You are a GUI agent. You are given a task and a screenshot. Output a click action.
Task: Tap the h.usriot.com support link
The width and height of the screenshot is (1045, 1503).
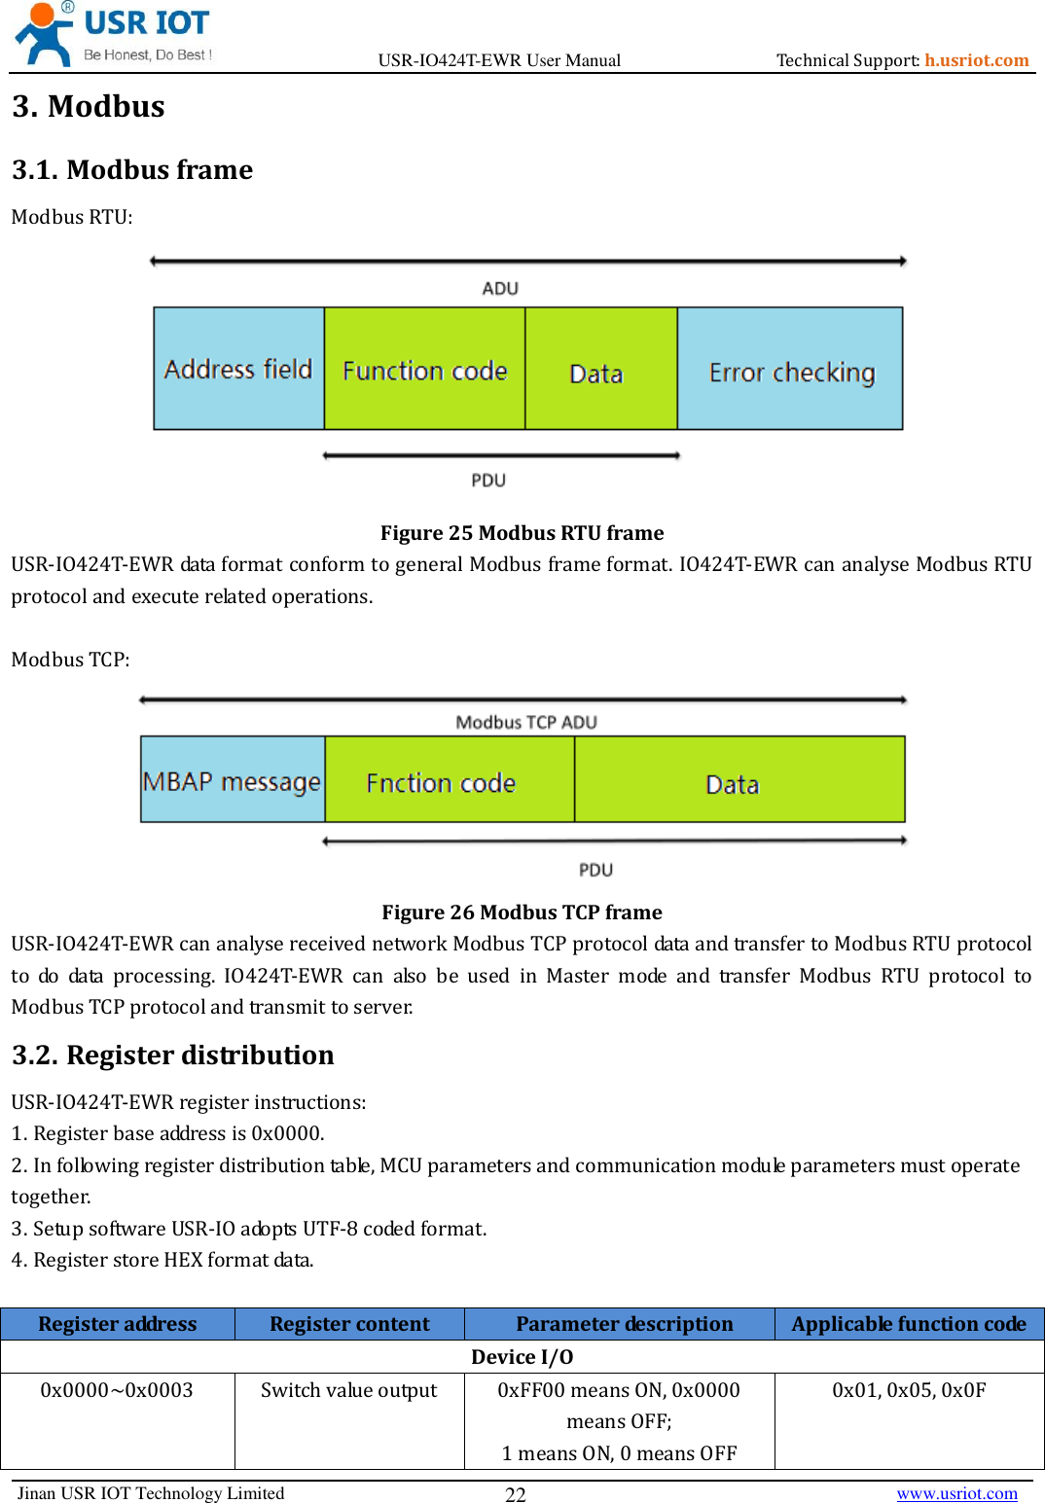pyautogui.click(x=976, y=60)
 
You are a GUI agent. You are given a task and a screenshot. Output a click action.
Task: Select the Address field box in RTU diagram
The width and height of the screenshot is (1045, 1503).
pyautogui.click(x=238, y=369)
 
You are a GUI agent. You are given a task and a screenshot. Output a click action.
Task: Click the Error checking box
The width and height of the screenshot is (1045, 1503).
pyautogui.click(x=790, y=369)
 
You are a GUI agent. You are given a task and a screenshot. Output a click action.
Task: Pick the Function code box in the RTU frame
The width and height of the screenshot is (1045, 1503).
pyautogui.click(x=424, y=369)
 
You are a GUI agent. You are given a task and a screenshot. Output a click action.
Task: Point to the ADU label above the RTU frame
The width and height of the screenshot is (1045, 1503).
pyautogui.click(x=500, y=289)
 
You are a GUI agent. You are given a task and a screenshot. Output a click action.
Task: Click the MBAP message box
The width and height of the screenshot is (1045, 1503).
pyautogui.click(x=233, y=780)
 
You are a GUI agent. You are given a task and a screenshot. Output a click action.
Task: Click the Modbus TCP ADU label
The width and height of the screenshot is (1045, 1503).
pyautogui.click(x=526, y=722)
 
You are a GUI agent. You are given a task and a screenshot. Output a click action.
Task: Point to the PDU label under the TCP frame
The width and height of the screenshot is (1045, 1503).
pyautogui.click(x=595, y=870)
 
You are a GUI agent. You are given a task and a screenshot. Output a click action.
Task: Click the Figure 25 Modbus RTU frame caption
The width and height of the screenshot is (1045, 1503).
pyautogui.click(x=522, y=533)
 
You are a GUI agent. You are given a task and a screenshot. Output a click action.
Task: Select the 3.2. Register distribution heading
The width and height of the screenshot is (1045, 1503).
pyautogui.click(x=173, y=1056)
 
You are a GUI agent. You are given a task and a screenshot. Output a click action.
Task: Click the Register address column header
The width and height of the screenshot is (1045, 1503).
pyautogui.click(x=118, y=1324)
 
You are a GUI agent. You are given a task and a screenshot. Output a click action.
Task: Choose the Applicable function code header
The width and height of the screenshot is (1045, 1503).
pyautogui.click(x=909, y=1324)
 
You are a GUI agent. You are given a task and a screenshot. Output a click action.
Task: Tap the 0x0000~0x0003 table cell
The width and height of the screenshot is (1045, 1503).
pyautogui.click(x=117, y=1390)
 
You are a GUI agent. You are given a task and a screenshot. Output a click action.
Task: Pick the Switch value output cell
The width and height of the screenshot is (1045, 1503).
pyautogui.click(x=348, y=1390)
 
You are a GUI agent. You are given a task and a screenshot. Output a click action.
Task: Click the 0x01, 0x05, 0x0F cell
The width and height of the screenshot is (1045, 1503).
pyautogui.click(x=909, y=1390)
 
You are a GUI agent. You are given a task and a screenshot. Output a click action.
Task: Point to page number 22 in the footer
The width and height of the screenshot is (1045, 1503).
pyautogui.click(x=516, y=1494)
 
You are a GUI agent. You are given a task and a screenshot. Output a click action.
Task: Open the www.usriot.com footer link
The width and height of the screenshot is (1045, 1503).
pyautogui.click(x=956, y=1493)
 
